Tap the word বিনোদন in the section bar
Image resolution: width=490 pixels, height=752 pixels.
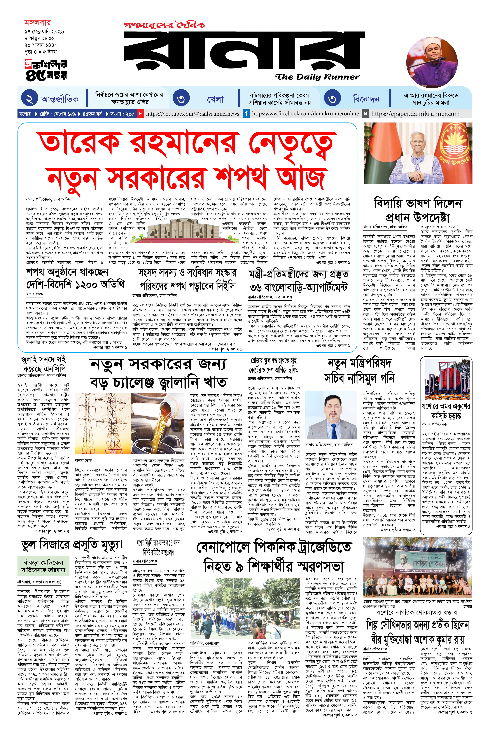pyautogui.click(x=366, y=99)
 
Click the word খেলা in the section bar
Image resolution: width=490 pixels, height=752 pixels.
pyautogui.click(x=215, y=99)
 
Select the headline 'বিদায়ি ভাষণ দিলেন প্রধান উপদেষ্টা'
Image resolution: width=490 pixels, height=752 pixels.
pyautogui.click(x=418, y=210)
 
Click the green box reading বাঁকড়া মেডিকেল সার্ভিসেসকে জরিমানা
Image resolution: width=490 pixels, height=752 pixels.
pyautogui.click(x=43, y=566)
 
